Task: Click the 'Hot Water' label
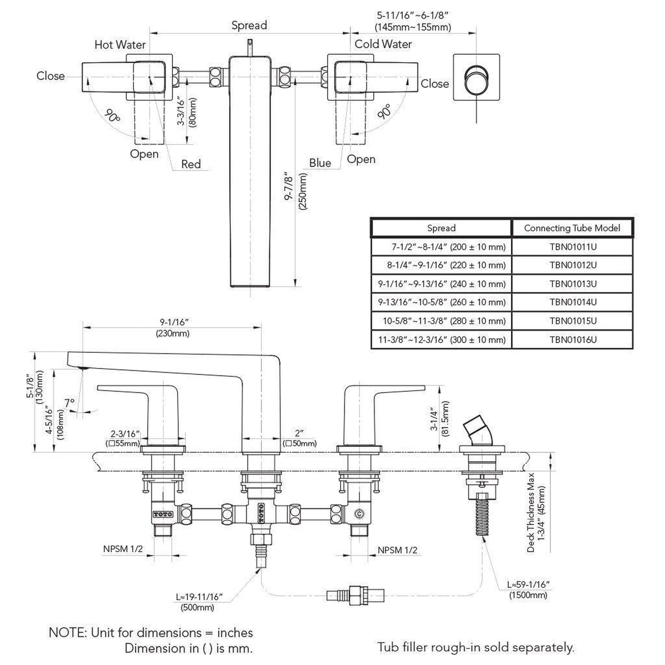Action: point(120,45)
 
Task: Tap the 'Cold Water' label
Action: point(383,44)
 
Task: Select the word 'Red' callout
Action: point(191,164)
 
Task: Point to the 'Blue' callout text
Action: point(320,163)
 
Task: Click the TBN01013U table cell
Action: point(573,283)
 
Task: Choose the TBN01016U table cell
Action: point(573,340)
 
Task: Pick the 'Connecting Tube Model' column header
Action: point(572,228)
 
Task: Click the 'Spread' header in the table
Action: point(441,228)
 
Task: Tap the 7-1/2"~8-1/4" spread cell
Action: point(448,247)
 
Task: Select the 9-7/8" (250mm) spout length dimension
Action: point(296,191)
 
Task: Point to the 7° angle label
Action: point(69,403)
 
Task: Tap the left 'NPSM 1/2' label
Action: point(123,549)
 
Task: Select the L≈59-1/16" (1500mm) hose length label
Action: point(528,590)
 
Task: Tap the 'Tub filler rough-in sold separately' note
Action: point(475,647)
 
